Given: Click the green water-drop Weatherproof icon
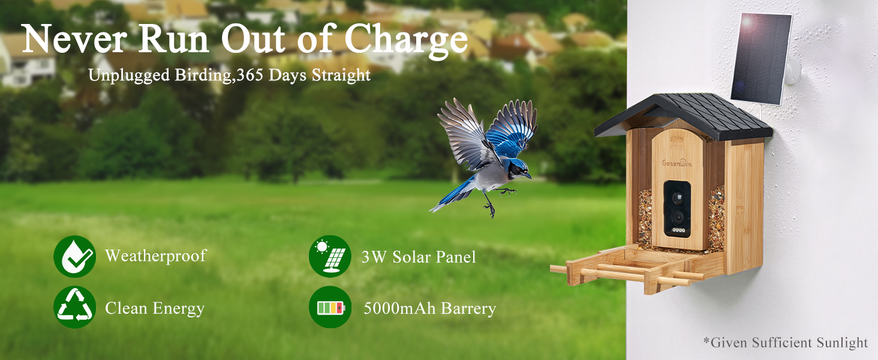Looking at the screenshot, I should tap(74, 257).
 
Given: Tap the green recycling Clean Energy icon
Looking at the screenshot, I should tap(74, 307).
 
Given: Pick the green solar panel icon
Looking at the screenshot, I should tap(330, 257).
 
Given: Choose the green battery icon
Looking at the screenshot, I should tap(330, 307).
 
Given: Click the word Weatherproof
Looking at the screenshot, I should tap(155, 256).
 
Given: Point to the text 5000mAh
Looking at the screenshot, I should tap(400, 308).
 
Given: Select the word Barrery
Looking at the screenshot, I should tap(468, 308).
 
